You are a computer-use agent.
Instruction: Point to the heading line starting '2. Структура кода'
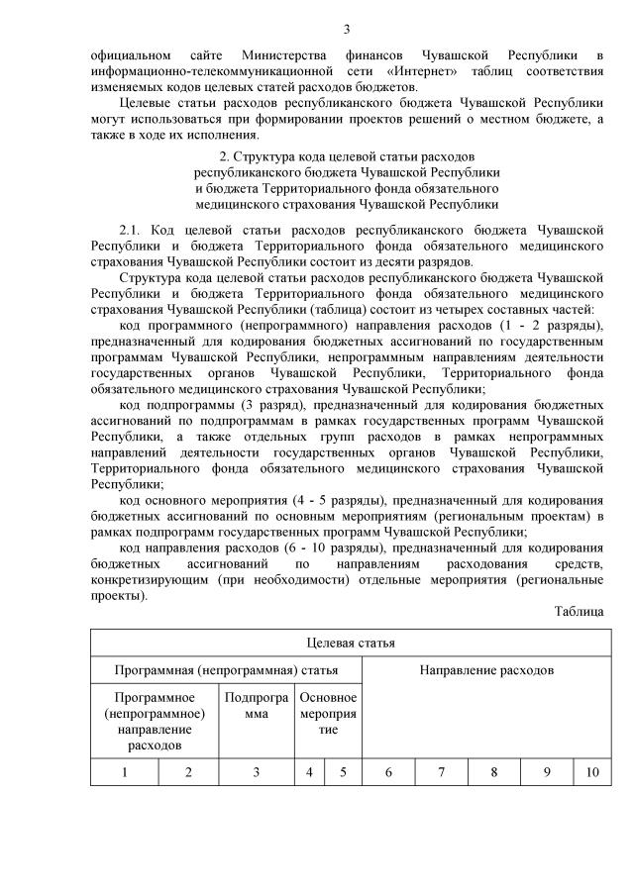click(x=346, y=157)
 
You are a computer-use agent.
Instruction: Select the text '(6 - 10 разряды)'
click(x=341, y=547)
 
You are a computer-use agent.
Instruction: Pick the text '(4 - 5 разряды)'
click(x=321, y=499)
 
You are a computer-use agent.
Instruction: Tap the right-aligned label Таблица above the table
click(x=579, y=612)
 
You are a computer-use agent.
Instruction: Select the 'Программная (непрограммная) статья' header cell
click(x=226, y=671)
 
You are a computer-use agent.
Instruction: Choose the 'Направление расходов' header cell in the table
click(x=485, y=671)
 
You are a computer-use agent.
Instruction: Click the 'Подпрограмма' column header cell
click(x=256, y=705)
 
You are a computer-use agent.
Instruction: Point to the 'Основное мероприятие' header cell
click(x=328, y=713)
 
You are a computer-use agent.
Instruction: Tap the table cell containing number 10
click(x=591, y=772)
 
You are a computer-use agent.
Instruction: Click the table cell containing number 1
click(x=125, y=772)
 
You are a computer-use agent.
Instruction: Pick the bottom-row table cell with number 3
click(x=256, y=772)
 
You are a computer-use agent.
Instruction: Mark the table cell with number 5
click(x=344, y=772)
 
